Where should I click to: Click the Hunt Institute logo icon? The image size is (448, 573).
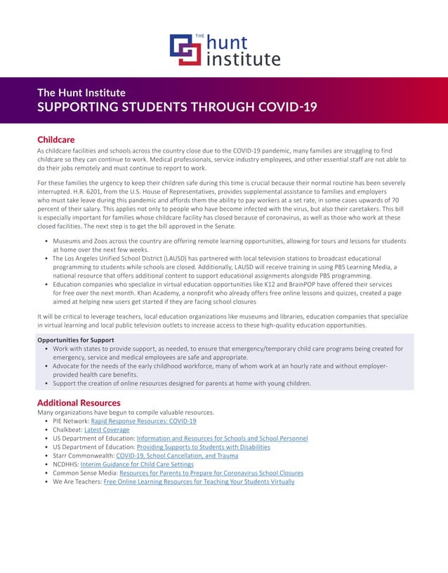point(185,50)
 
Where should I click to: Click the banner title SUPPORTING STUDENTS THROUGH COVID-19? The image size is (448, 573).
point(177,108)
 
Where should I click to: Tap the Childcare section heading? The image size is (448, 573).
point(55,140)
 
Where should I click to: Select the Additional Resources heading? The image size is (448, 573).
point(79,403)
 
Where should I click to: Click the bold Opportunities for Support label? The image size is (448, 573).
point(75,340)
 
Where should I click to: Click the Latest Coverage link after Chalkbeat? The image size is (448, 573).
point(107,430)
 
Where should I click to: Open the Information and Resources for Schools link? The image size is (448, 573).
point(222,438)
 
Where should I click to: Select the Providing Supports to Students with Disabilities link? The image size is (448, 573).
point(203,447)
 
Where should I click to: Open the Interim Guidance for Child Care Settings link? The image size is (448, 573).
point(137,464)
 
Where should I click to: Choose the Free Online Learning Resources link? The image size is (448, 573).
point(199,482)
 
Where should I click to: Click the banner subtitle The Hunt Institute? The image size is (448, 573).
point(81,93)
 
